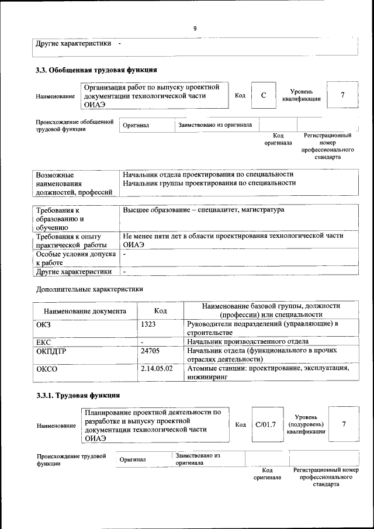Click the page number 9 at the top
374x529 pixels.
195,28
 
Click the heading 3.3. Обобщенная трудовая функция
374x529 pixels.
96,70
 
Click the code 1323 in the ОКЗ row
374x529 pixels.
148,324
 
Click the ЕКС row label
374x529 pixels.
44,341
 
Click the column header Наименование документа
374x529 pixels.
85,312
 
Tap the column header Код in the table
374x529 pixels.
161,312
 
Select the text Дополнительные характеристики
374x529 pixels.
89,289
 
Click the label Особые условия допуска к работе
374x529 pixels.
75,259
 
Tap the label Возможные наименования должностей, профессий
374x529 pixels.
74,183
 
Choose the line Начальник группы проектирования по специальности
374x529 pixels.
209,183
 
